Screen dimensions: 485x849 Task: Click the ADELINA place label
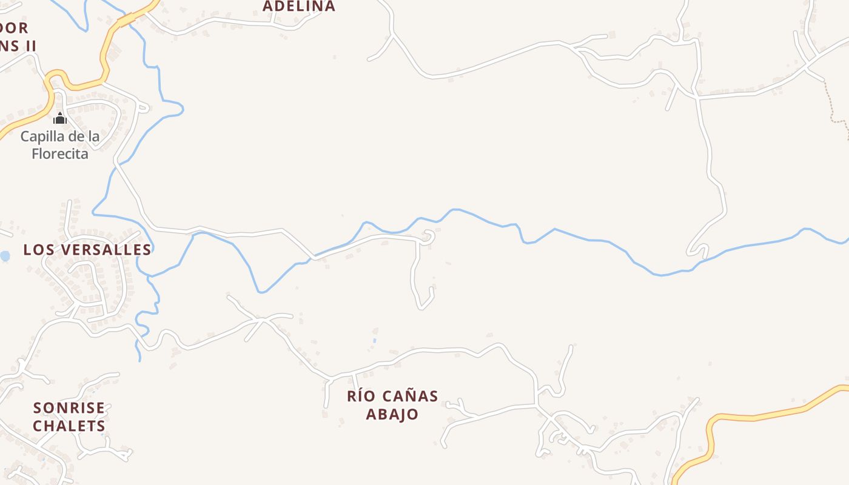tap(299, 6)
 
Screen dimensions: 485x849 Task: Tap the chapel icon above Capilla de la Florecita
tap(59, 118)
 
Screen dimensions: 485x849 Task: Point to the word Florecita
tap(60, 154)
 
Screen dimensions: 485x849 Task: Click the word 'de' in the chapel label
tap(76, 136)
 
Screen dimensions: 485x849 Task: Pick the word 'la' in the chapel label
tap(93, 136)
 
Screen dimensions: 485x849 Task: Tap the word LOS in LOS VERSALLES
tap(37, 250)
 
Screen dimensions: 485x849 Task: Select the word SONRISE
tap(69, 408)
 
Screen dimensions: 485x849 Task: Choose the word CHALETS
tap(69, 426)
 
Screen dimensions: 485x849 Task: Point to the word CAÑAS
tap(411, 396)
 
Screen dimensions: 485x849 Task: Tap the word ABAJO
tap(392, 415)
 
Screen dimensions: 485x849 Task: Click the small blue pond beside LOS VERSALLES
tap(5, 256)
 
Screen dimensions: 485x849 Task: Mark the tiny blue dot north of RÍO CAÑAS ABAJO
tap(374, 341)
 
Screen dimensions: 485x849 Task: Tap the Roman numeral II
tap(29, 45)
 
